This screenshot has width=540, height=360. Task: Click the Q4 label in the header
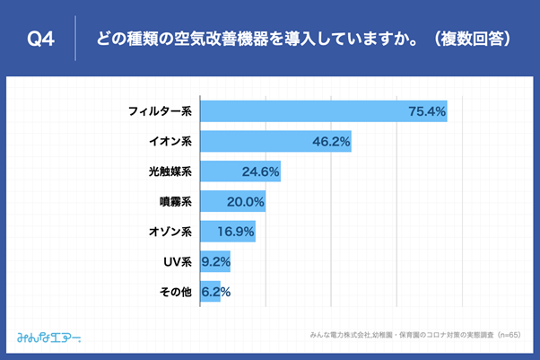[42, 39]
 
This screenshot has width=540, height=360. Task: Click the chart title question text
[297, 39]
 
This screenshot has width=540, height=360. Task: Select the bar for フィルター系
[323, 111]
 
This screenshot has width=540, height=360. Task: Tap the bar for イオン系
[274, 142]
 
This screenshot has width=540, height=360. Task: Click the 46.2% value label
[330, 142]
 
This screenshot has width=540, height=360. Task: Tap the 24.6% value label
[261, 171]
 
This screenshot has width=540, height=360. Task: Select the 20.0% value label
[245, 202]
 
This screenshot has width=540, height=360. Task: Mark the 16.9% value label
[235, 232]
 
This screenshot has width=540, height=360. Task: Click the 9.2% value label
[215, 262]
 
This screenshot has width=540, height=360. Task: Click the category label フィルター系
[160, 111]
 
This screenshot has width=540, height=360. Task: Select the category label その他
[175, 292]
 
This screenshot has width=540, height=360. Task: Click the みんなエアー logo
[49, 338]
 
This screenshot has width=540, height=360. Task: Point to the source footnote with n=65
[415, 335]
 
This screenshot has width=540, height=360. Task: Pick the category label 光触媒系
[170, 171]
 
